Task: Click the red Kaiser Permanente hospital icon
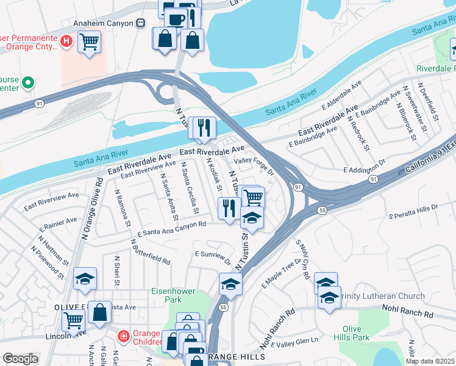(67, 42)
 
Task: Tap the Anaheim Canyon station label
(104, 23)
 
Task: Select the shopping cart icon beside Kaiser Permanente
(90, 43)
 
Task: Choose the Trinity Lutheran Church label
(382, 296)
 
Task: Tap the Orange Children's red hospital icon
(123, 335)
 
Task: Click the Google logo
(20, 359)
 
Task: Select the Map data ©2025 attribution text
(429, 361)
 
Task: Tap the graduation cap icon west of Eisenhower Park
(85, 279)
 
